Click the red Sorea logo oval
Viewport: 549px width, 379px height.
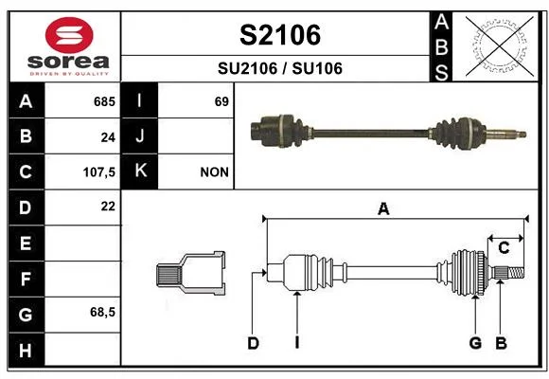coord(69,35)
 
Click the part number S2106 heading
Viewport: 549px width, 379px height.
coord(280,35)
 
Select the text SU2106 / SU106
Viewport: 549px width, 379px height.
coord(280,68)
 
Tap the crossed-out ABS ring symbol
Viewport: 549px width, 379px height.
coord(500,46)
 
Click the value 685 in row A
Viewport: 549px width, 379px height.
coord(104,101)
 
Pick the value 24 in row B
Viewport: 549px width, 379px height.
coord(108,137)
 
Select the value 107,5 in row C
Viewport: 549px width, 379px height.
coord(99,172)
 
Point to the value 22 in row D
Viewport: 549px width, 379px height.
coord(108,207)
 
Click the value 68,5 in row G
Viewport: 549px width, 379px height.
coord(102,312)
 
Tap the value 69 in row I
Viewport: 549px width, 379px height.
coord(221,101)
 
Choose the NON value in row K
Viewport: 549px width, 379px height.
coord(214,172)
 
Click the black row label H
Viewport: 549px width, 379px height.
coord(26,351)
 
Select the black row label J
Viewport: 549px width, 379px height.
coord(139,135)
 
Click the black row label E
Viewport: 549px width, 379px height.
coord(26,243)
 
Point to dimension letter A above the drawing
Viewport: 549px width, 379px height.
coord(383,209)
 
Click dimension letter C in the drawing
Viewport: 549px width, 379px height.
coord(504,248)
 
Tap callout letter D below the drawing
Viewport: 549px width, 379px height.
coord(253,343)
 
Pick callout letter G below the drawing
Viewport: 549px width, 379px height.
coord(475,343)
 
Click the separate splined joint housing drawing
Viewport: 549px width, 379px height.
coord(191,274)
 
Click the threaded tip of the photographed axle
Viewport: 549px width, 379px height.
coord(521,134)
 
